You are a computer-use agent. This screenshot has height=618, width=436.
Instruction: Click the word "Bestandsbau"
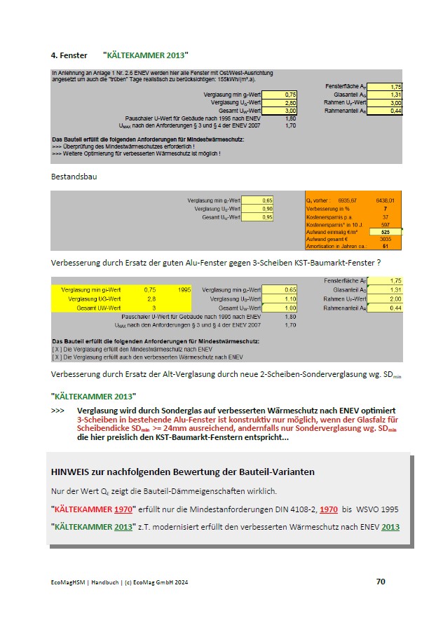(74, 177)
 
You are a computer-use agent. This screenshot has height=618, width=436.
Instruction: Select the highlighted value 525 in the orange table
(386, 231)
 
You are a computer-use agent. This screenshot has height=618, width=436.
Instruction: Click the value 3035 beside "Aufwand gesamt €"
(386, 239)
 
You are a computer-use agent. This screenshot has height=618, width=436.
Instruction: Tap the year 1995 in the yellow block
(184, 289)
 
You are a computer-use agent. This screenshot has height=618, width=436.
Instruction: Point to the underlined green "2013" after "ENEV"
(390, 526)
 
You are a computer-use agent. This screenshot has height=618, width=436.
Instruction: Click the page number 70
(381, 582)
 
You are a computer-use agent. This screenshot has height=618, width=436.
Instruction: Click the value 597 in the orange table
(386, 224)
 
